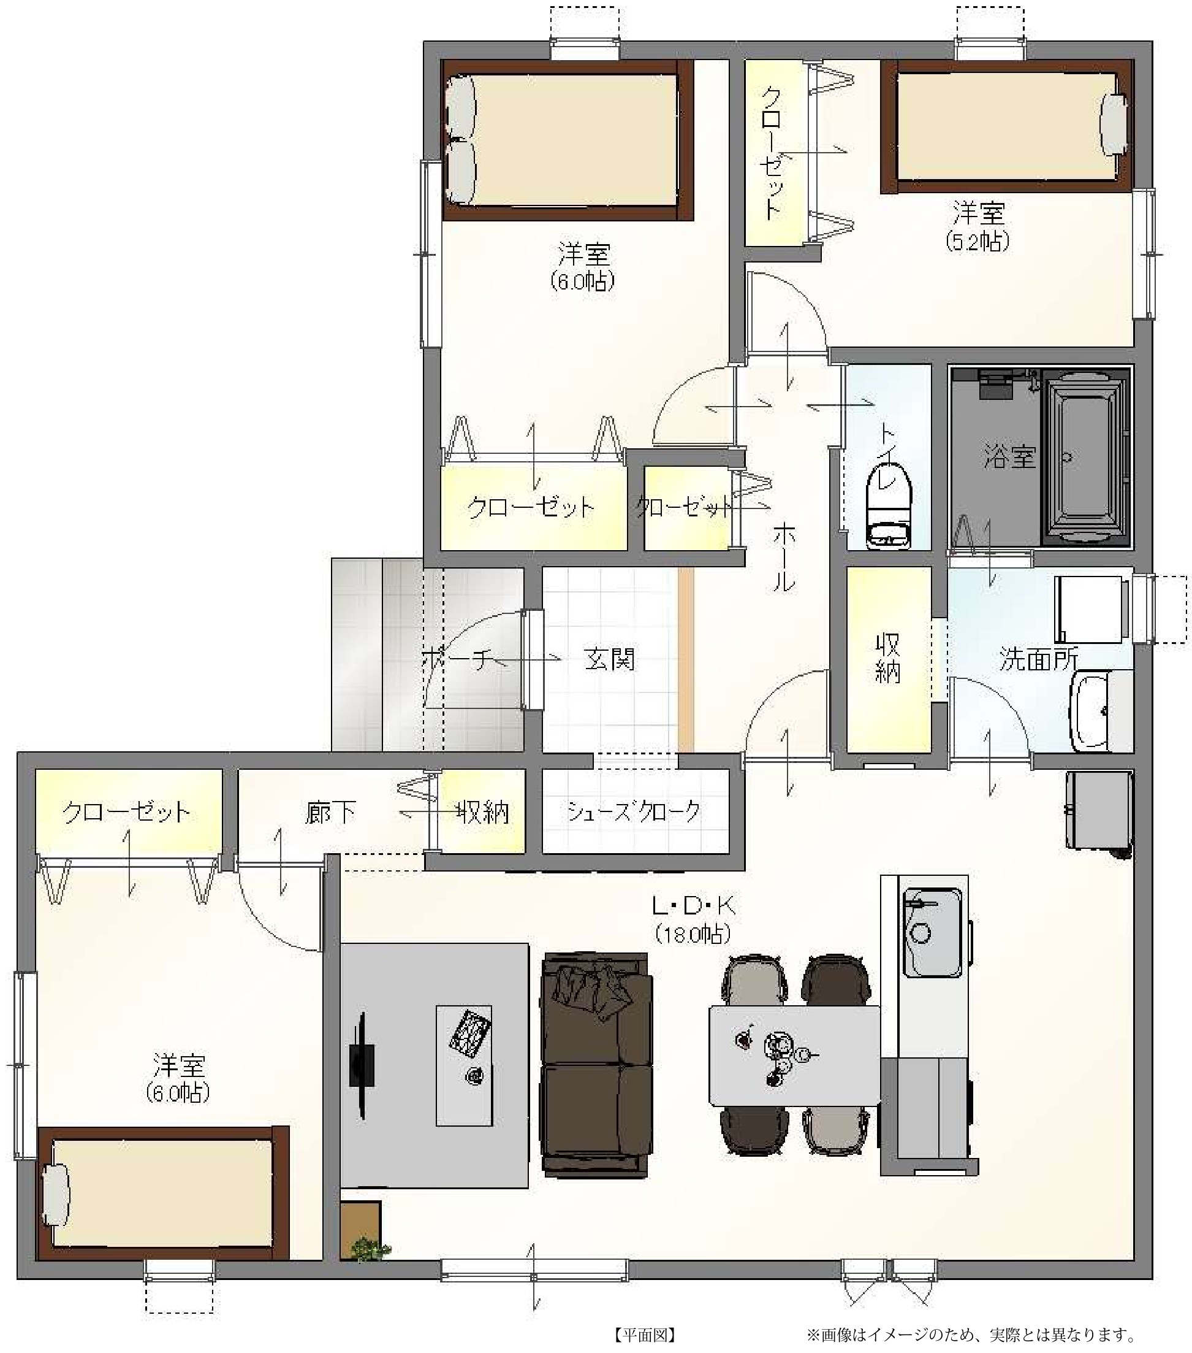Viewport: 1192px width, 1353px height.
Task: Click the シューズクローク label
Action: pyautogui.click(x=633, y=811)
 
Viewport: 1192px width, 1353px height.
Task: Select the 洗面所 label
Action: pyautogui.click(x=1039, y=659)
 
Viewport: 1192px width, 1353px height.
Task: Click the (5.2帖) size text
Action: pyautogui.click(x=978, y=242)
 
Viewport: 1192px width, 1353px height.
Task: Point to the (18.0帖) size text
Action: pyautogui.click(x=693, y=934)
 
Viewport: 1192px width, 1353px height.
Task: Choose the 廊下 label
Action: pyautogui.click(x=330, y=812)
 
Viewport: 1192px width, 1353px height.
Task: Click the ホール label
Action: pyautogui.click(x=784, y=556)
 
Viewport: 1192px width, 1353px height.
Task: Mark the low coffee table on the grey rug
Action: pyautogui.click(x=464, y=1066)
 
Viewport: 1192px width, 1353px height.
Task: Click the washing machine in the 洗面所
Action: pyautogui.click(x=1088, y=609)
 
